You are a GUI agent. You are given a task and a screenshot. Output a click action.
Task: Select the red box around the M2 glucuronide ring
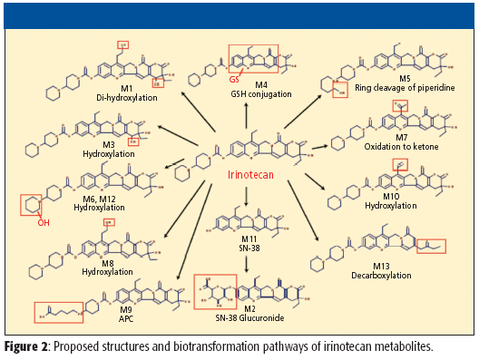coord(214,292)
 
